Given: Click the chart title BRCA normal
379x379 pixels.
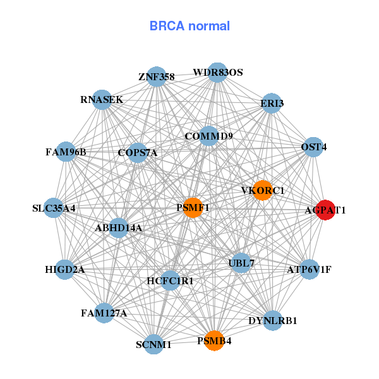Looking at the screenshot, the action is (x=189, y=26).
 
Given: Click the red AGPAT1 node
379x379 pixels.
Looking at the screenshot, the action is (x=325, y=210).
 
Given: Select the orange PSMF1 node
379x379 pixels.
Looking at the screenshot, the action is (x=193, y=207).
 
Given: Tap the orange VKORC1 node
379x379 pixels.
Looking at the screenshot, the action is (x=263, y=190).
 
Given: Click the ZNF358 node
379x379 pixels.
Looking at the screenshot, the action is (x=157, y=77).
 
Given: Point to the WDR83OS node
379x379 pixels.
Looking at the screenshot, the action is (x=217, y=73).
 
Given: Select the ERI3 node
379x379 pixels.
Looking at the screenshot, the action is (x=272, y=103).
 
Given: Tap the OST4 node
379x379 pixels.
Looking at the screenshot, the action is (x=313, y=147).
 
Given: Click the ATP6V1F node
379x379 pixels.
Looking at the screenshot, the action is (x=309, y=270).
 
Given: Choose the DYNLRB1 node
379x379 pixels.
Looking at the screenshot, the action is (x=273, y=320).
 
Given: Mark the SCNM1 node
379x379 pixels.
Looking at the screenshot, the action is (x=154, y=344).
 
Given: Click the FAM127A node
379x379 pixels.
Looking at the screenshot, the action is (x=105, y=313).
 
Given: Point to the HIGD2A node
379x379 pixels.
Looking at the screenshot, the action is (x=65, y=270).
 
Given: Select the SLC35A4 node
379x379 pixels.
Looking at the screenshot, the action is (x=54, y=208).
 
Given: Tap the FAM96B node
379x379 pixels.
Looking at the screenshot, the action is (x=66, y=152).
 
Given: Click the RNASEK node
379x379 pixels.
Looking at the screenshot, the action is (x=102, y=100).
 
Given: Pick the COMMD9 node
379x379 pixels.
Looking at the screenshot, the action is (x=209, y=136).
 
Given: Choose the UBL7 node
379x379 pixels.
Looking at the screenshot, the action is (x=241, y=262).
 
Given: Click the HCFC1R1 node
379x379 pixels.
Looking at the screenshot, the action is (x=170, y=280).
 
